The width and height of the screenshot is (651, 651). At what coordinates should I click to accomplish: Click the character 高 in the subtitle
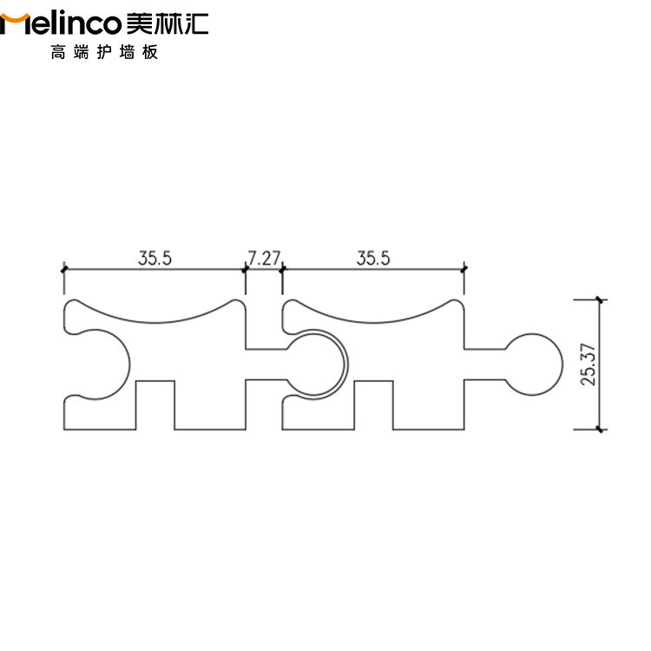tap(58, 53)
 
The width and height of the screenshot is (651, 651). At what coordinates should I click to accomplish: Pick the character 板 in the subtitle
tap(150, 53)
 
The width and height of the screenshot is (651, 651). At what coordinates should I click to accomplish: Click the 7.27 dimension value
tap(264, 257)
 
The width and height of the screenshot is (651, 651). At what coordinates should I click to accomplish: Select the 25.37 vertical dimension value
tap(589, 363)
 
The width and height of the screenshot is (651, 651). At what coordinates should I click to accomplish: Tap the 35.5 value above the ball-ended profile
tap(373, 257)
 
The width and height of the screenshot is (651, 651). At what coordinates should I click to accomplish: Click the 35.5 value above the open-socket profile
tap(155, 257)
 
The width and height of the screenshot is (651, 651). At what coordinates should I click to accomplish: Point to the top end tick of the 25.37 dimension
tap(600, 300)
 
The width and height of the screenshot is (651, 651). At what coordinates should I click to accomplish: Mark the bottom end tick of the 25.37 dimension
tap(600, 429)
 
